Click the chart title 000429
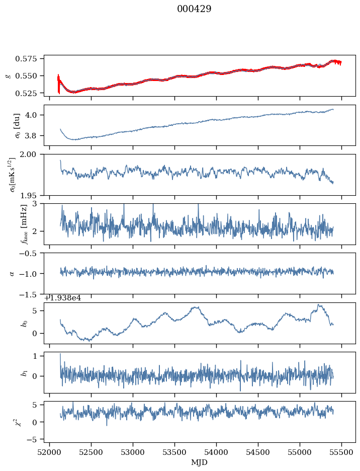(x=194, y=9)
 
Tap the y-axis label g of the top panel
(x=8, y=75)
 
